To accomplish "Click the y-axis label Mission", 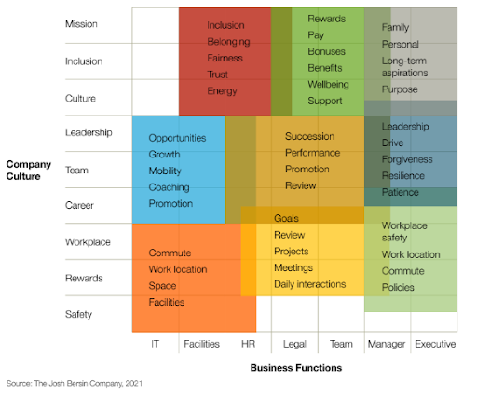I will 81,24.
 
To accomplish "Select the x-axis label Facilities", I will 201,344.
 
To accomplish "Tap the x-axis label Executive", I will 435,344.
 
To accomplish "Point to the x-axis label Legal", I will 293,344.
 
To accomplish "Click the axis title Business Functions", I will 295,368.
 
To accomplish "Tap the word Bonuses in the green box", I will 326,51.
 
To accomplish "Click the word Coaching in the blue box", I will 169,187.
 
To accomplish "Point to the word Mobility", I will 166,171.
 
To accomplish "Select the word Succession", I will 309,136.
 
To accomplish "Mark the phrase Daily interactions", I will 309,284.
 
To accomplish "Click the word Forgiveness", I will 407,159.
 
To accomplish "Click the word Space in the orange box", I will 161,286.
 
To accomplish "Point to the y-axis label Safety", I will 79,315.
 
